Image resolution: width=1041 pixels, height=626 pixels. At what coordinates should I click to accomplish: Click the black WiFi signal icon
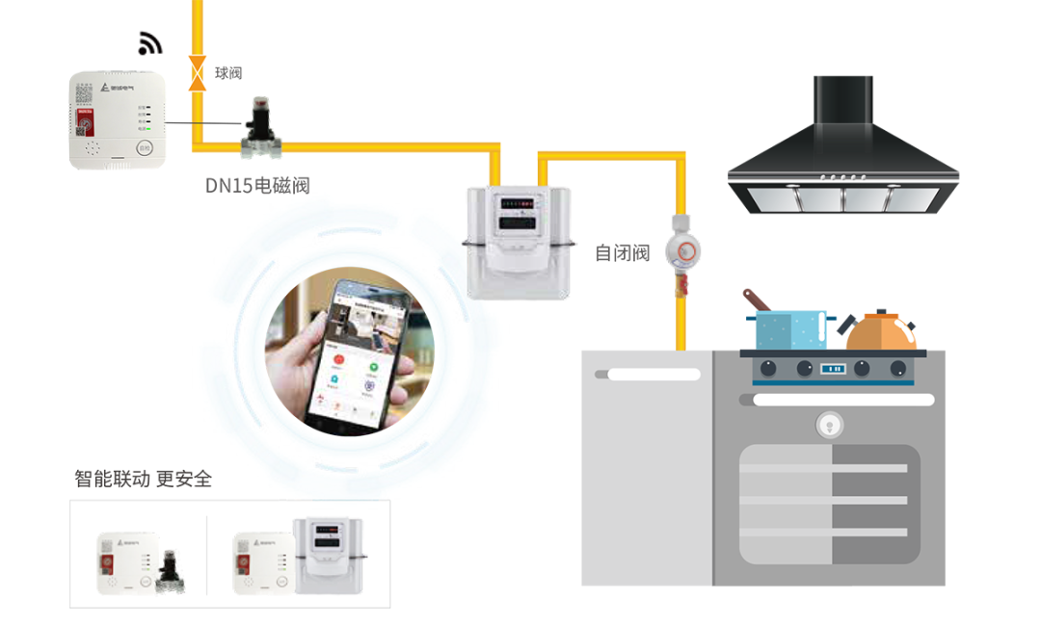150,43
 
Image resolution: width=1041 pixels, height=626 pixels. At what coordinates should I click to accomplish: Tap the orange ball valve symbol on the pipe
198,73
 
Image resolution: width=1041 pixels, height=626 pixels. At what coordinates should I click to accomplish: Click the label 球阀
228,73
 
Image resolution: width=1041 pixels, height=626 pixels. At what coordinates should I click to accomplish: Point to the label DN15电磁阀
257,185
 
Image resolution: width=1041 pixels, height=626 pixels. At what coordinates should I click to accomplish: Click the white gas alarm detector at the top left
117,121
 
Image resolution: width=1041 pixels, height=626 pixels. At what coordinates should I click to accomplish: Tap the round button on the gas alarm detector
145,147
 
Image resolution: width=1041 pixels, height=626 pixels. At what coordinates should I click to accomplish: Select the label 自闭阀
622,253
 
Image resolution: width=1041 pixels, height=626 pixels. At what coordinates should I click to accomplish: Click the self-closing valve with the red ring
685,253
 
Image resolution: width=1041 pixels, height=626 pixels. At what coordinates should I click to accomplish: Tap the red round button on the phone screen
338,359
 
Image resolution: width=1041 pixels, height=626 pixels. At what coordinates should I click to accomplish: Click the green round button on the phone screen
371,364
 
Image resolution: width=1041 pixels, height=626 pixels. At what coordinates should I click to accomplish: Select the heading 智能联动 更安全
143,479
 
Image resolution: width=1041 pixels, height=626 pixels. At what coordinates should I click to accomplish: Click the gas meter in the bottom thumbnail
328,555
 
